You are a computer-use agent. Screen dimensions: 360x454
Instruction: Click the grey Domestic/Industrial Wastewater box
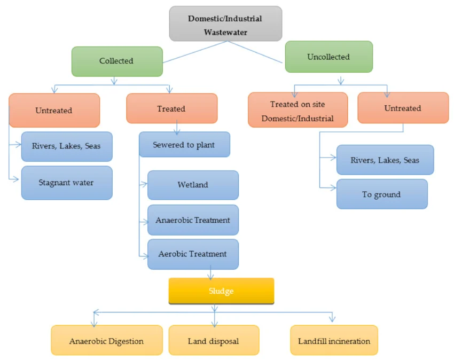pyautogui.click(x=225, y=25)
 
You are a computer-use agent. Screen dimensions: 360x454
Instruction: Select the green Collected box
pyautogui.click(x=116, y=61)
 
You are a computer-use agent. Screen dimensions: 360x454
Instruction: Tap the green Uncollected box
pyautogui.click(x=328, y=57)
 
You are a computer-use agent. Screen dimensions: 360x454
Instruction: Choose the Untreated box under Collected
pyautogui.click(x=54, y=111)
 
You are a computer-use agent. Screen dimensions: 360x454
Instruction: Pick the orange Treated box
pyautogui.click(x=171, y=109)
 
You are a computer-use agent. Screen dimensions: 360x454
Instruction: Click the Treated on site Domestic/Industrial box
pyautogui.click(x=298, y=111)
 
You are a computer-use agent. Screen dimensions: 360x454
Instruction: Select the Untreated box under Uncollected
pyautogui.click(x=403, y=108)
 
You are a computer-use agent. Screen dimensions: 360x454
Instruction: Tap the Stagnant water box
pyautogui.click(x=66, y=183)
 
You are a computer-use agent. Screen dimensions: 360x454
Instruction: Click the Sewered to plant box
pyautogui.click(x=184, y=145)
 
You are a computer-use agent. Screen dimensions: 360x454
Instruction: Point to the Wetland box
pyautogui.click(x=193, y=185)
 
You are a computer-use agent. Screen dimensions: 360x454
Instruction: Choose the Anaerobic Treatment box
pyautogui.click(x=193, y=220)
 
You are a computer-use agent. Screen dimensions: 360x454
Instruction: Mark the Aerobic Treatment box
pyautogui.click(x=193, y=254)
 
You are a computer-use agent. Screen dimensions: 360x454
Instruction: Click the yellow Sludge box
pyautogui.click(x=221, y=291)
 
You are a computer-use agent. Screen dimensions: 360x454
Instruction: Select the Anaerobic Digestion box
pyautogui.click(x=107, y=341)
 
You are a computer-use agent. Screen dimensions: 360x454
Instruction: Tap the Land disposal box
pyautogui.click(x=214, y=341)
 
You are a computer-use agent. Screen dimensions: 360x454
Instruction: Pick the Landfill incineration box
pyautogui.click(x=334, y=341)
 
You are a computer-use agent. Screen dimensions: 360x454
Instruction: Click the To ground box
pyautogui.click(x=381, y=194)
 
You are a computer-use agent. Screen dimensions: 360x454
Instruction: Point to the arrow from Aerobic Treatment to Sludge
pyautogui.click(x=212, y=274)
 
